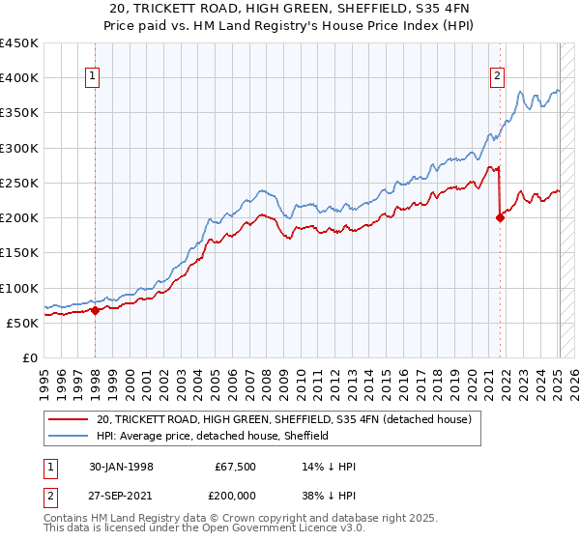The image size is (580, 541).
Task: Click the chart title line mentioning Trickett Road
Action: click(289, 10)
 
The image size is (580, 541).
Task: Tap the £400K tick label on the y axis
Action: click(19, 78)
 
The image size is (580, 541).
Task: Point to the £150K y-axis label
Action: click(19, 253)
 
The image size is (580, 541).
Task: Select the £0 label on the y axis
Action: click(29, 357)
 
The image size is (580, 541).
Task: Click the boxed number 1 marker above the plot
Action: click(94, 78)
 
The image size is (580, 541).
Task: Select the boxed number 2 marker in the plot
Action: click(498, 78)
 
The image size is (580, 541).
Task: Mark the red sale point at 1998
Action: click(96, 310)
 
